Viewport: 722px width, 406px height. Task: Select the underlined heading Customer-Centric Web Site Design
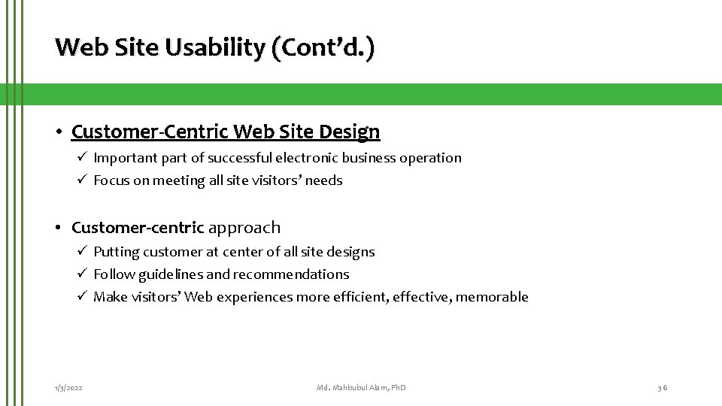coord(226,132)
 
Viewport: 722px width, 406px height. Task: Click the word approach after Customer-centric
coord(244,227)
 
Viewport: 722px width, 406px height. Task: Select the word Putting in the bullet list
coord(114,252)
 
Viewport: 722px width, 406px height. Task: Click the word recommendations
coord(291,274)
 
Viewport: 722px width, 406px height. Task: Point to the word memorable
coord(493,297)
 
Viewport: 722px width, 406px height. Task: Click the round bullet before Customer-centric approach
coord(59,228)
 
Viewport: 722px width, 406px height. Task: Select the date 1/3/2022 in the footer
coord(68,387)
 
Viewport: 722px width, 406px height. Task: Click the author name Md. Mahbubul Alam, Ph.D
coord(361,387)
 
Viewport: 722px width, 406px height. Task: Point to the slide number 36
coord(662,387)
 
